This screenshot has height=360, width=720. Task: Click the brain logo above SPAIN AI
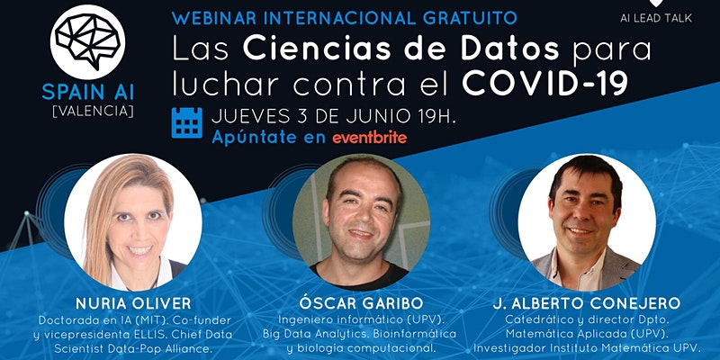(87, 41)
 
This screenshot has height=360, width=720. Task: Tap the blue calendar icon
(187, 122)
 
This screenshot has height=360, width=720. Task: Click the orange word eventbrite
(370, 138)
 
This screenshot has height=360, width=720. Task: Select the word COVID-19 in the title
(544, 83)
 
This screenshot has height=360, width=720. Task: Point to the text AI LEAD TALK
(656, 18)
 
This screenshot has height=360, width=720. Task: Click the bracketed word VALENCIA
(94, 112)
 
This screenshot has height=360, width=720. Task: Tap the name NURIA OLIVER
(133, 303)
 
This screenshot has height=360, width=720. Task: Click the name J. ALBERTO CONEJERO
(587, 303)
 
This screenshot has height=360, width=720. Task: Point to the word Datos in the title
(510, 49)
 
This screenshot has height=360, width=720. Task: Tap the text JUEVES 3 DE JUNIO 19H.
(334, 116)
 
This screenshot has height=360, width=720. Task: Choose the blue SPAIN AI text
(88, 93)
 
